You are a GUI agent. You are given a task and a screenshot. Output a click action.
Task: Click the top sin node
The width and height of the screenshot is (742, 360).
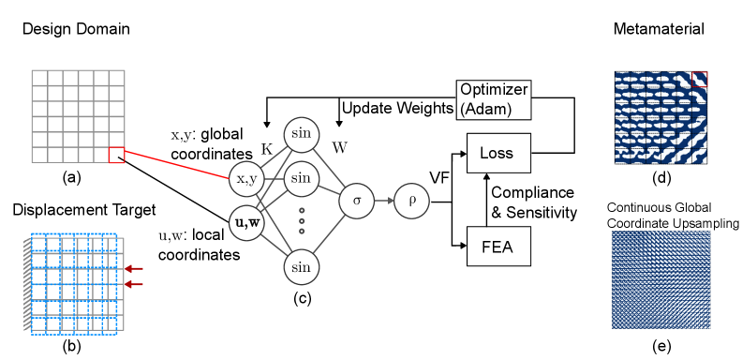[301, 134]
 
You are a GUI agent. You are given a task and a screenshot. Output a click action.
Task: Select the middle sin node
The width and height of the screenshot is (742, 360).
[301, 178]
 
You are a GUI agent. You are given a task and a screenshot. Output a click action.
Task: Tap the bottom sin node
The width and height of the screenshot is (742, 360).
[301, 267]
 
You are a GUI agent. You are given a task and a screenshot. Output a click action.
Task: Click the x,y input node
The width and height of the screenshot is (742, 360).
[246, 178]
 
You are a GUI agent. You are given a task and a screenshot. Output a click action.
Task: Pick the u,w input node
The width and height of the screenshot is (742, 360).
[246, 222]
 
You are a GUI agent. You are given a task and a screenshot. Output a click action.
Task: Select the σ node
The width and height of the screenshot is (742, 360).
[356, 201]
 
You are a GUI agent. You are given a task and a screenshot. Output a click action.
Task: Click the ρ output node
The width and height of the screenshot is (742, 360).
[411, 201]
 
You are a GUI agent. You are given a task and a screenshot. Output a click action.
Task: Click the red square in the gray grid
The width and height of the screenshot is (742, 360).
[116, 155]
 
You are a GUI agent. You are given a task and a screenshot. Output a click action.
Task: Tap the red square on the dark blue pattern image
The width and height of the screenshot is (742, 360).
[699, 79]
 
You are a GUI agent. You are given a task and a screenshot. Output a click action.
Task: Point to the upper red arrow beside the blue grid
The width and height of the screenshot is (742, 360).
[134, 269]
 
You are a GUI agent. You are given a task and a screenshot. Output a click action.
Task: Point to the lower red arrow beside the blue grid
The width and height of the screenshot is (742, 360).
[134, 284]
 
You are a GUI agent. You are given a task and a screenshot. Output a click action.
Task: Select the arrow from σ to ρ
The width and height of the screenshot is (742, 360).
[384, 201]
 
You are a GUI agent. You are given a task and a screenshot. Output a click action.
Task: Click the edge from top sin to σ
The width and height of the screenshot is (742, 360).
[329, 168]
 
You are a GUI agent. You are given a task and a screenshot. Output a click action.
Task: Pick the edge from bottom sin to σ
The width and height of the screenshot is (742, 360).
[329, 233]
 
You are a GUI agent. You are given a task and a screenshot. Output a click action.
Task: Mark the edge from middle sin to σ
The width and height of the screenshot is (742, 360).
[329, 189]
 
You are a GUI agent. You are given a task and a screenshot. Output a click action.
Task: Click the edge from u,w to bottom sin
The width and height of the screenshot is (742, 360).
[274, 245]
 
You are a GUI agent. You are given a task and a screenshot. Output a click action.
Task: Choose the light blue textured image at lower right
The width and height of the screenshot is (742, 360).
[660, 279]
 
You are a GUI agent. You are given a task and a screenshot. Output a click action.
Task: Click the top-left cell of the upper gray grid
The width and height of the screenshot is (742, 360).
[39, 78]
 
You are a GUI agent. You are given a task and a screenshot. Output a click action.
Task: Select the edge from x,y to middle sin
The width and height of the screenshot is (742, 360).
[274, 178]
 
